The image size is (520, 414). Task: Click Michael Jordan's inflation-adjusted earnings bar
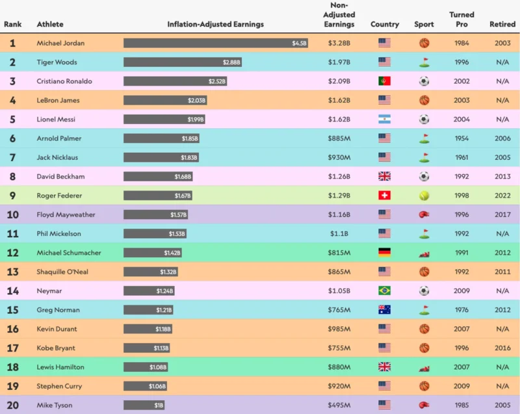pos(216,44)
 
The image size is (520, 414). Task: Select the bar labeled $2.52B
pos(175,81)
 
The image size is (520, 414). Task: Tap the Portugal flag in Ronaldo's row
pos(384,81)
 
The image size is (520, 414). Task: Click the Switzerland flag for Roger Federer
pos(384,196)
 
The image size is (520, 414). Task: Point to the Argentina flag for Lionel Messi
pos(384,120)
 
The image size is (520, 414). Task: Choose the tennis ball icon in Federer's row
pos(424,196)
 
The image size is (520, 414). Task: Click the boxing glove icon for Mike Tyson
pos(424,406)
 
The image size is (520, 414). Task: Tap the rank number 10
pos(13,215)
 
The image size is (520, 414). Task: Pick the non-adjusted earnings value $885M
pos(339,138)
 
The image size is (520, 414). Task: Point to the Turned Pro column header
pos(461,19)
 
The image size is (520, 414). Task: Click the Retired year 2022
pos(502,196)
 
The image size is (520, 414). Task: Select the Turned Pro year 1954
pos(461,138)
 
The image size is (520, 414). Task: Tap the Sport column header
pos(424,25)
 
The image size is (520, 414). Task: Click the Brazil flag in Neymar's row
pos(384,291)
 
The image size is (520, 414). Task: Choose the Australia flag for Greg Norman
pos(384,310)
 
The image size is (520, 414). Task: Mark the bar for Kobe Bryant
pos(147,348)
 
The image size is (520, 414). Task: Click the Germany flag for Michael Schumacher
pos(384,253)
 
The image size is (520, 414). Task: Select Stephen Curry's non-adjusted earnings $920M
pos(339,386)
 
